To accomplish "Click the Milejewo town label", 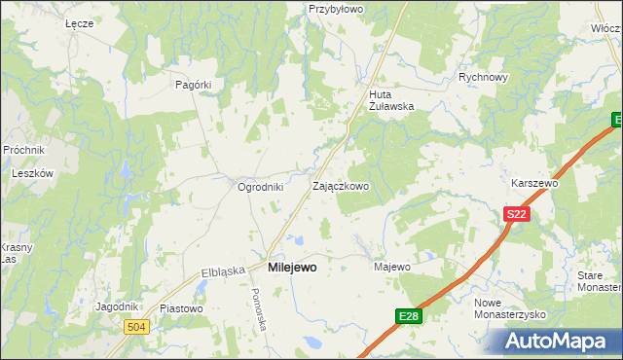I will [291, 267].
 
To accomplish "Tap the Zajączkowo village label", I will [340, 185].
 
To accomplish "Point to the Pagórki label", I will [193, 85].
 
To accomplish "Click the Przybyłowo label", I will [335, 8].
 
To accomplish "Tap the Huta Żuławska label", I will [391, 100].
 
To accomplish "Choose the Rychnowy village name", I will [484, 78].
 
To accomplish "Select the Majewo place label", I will [392, 266].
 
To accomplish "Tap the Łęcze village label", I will [78, 22].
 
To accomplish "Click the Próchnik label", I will [23, 150].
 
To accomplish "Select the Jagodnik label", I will [117, 306].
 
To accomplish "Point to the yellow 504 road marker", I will [137, 327].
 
